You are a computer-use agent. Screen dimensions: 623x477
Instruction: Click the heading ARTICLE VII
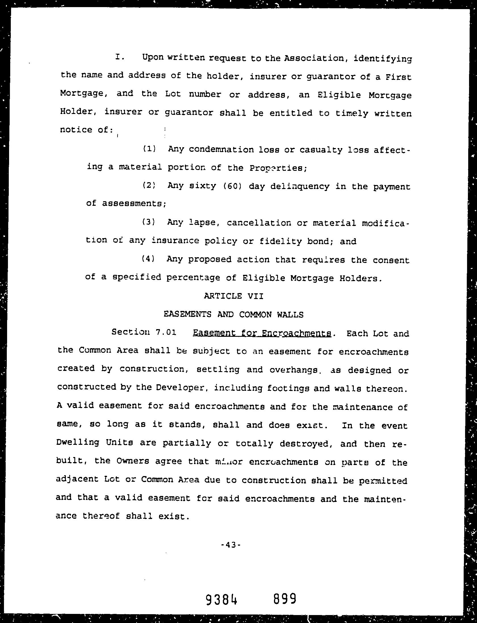pyautogui.click(x=233, y=296)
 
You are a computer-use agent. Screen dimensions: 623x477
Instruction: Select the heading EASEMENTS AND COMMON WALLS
pyautogui.click(x=233, y=314)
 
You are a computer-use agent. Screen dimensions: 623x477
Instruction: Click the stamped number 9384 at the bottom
pyautogui.click(x=221, y=599)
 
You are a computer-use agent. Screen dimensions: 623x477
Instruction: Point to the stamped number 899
pyautogui.click(x=285, y=599)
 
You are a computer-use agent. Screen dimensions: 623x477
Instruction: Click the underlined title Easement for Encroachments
pyautogui.click(x=262, y=333)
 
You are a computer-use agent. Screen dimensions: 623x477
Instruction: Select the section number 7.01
pyautogui.click(x=166, y=332)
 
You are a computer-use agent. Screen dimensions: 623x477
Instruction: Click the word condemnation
pyautogui.click(x=221, y=149)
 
